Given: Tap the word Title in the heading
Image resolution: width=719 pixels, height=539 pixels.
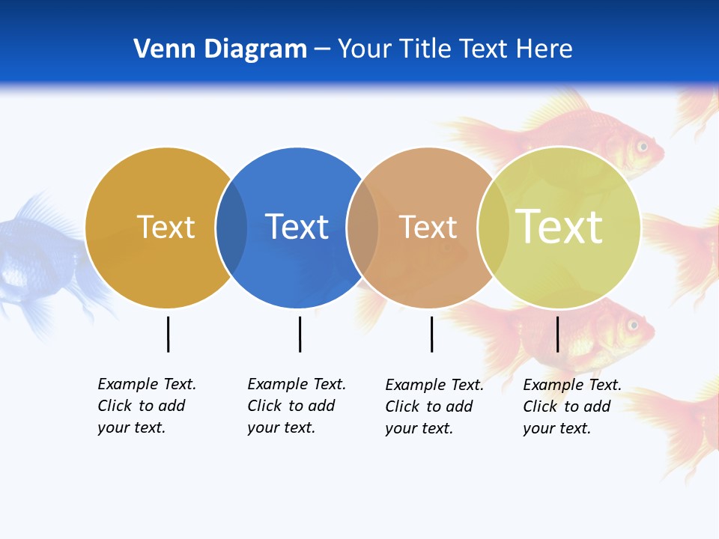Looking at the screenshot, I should tap(425, 49).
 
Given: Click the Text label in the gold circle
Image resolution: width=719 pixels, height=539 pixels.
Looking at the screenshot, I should tap(166, 227).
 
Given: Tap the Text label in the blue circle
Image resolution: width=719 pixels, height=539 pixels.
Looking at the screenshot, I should tap(297, 227).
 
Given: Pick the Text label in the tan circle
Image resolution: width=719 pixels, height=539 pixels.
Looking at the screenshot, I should tap(428, 227).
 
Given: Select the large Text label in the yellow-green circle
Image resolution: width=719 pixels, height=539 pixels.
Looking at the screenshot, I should tap(559, 227).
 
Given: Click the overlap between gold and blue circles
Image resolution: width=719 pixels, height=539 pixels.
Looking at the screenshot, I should tap(231, 227).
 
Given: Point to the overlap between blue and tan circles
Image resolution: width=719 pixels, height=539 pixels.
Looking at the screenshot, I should tap(362, 227).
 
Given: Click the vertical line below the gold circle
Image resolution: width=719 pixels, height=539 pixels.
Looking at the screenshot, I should tap(168, 334).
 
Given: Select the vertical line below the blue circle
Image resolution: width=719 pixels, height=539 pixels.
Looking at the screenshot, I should tap(300, 334).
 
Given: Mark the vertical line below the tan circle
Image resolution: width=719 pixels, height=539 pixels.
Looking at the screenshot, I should tap(431, 334).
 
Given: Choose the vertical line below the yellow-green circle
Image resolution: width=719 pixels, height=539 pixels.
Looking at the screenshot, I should tap(557, 334).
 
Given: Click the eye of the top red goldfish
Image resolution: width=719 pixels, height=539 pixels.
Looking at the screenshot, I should tap(642, 145).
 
